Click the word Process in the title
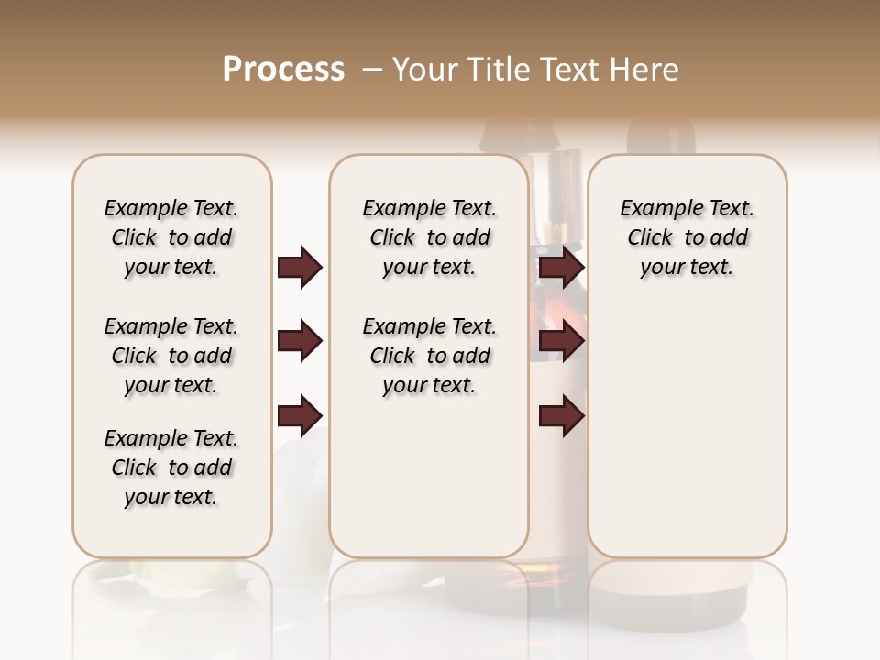click(283, 69)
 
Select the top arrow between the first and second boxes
click(300, 268)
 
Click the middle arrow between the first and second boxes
click(300, 342)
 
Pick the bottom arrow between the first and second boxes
click(300, 415)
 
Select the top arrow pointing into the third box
click(562, 268)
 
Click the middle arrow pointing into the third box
click(562, 342)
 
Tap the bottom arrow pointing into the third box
click(562, 415)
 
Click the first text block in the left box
click(171, 237)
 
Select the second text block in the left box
click(171, 356)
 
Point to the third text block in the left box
click(171, 467)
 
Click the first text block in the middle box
click(429, 237)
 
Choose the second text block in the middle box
click(429, 356)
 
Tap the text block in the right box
click(687, 237)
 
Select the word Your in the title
click(423, 69)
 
